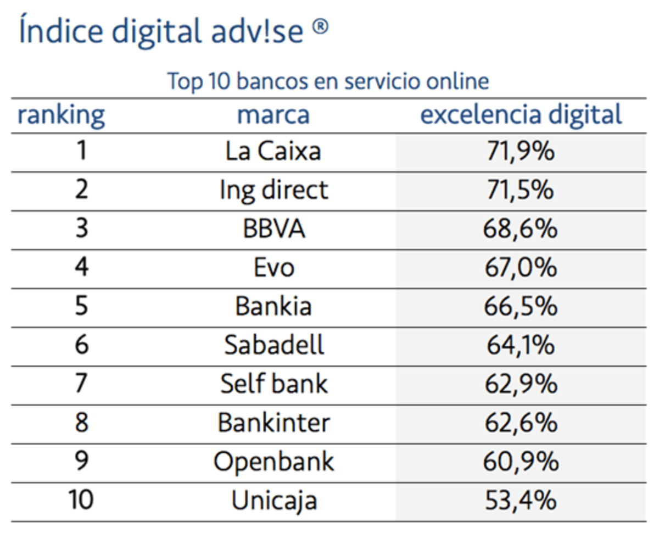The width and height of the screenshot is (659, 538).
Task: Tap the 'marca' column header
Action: click(273, 115)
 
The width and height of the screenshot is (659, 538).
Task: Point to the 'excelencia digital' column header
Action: click(521, 115)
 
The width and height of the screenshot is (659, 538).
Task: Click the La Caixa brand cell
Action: click(273, 151)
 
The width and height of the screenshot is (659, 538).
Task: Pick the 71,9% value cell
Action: click(521, 152)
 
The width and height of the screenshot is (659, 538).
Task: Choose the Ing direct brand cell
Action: click(273, 190)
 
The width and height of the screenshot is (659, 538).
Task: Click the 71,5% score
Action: click(521, 190)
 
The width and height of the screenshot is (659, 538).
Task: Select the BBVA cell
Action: click(273, 229)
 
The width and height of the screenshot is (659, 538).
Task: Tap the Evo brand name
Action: click(273, 268)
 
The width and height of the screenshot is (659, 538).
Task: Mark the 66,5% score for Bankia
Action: click(521, 307)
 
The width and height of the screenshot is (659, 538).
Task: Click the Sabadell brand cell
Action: click(273, 346)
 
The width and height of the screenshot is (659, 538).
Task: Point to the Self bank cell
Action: click(273, 384)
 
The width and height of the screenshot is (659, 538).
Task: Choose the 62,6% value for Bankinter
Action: click(521, 423)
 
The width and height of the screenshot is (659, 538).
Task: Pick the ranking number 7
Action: click(81, 384)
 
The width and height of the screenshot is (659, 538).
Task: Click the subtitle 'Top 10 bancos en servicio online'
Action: click(328, 82)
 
